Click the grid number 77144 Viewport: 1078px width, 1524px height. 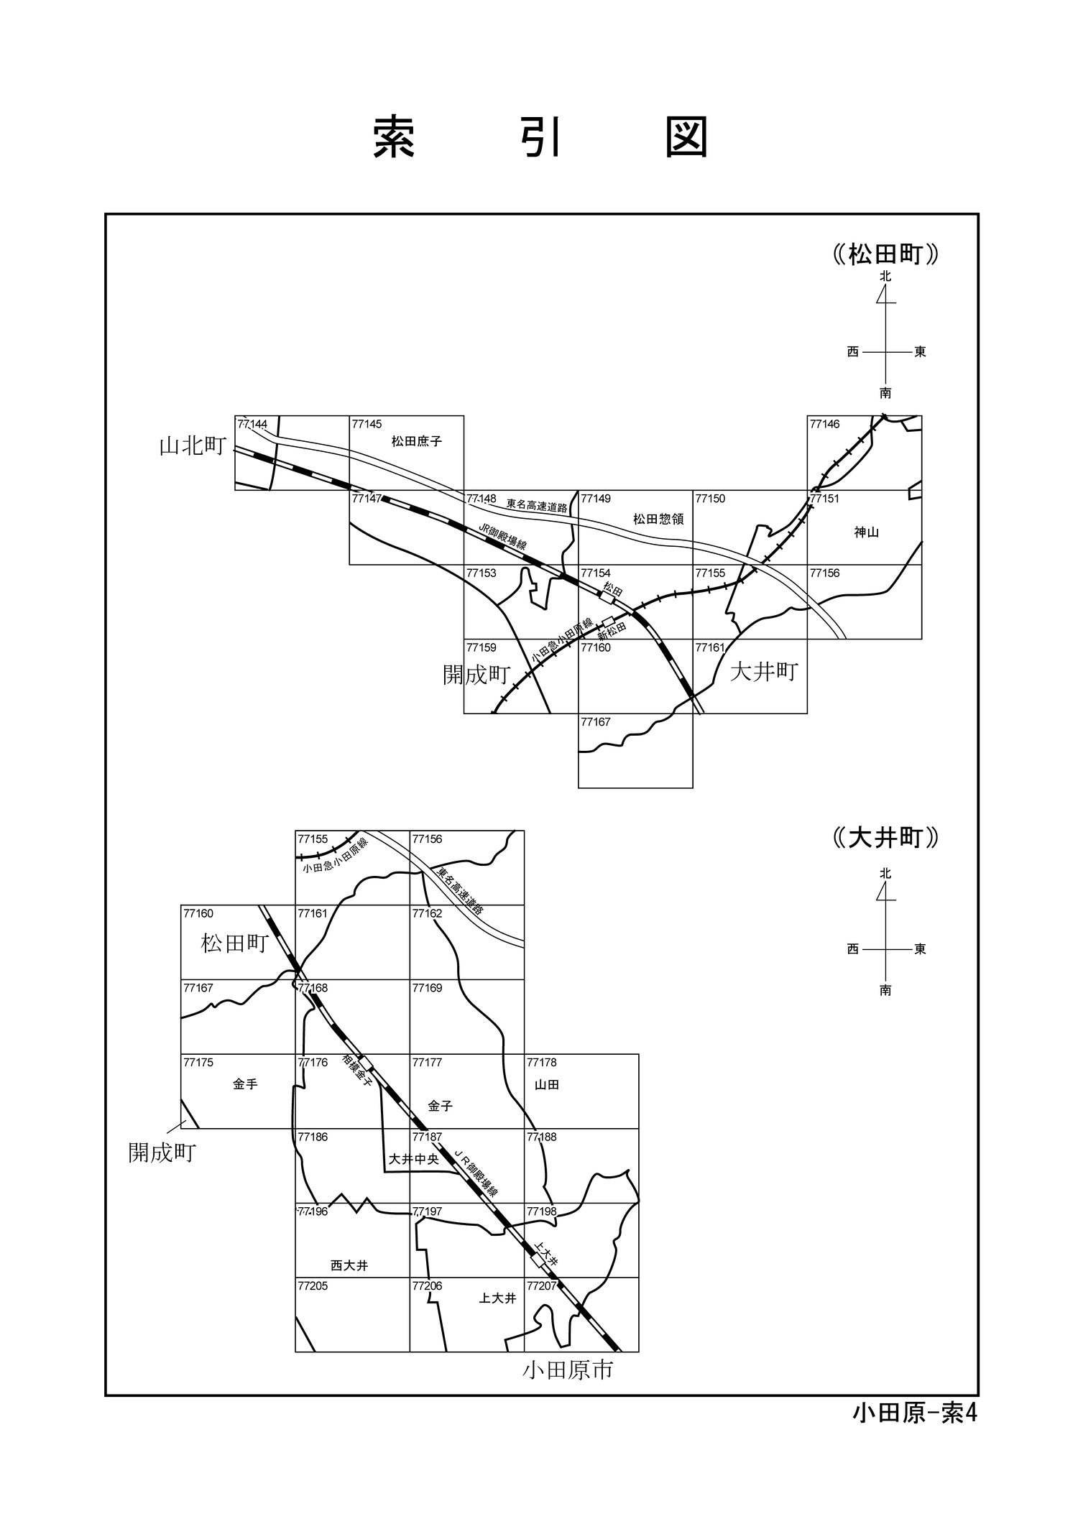252,425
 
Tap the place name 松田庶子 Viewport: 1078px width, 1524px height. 417,441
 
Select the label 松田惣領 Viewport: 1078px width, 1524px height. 658,518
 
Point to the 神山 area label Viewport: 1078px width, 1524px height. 867,532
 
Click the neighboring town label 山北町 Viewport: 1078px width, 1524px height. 193,446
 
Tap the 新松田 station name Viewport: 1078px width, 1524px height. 612,629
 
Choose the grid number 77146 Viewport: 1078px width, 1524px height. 824,424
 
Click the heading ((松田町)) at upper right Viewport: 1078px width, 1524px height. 886,254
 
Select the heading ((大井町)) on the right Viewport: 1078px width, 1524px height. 886,838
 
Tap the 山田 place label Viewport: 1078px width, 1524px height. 547,1085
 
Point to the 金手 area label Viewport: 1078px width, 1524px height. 245,1084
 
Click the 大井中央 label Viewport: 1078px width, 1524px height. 414,1159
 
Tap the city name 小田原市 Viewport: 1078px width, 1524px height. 568,1370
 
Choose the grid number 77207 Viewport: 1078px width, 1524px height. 542,1286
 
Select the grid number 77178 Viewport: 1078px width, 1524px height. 542,1062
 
